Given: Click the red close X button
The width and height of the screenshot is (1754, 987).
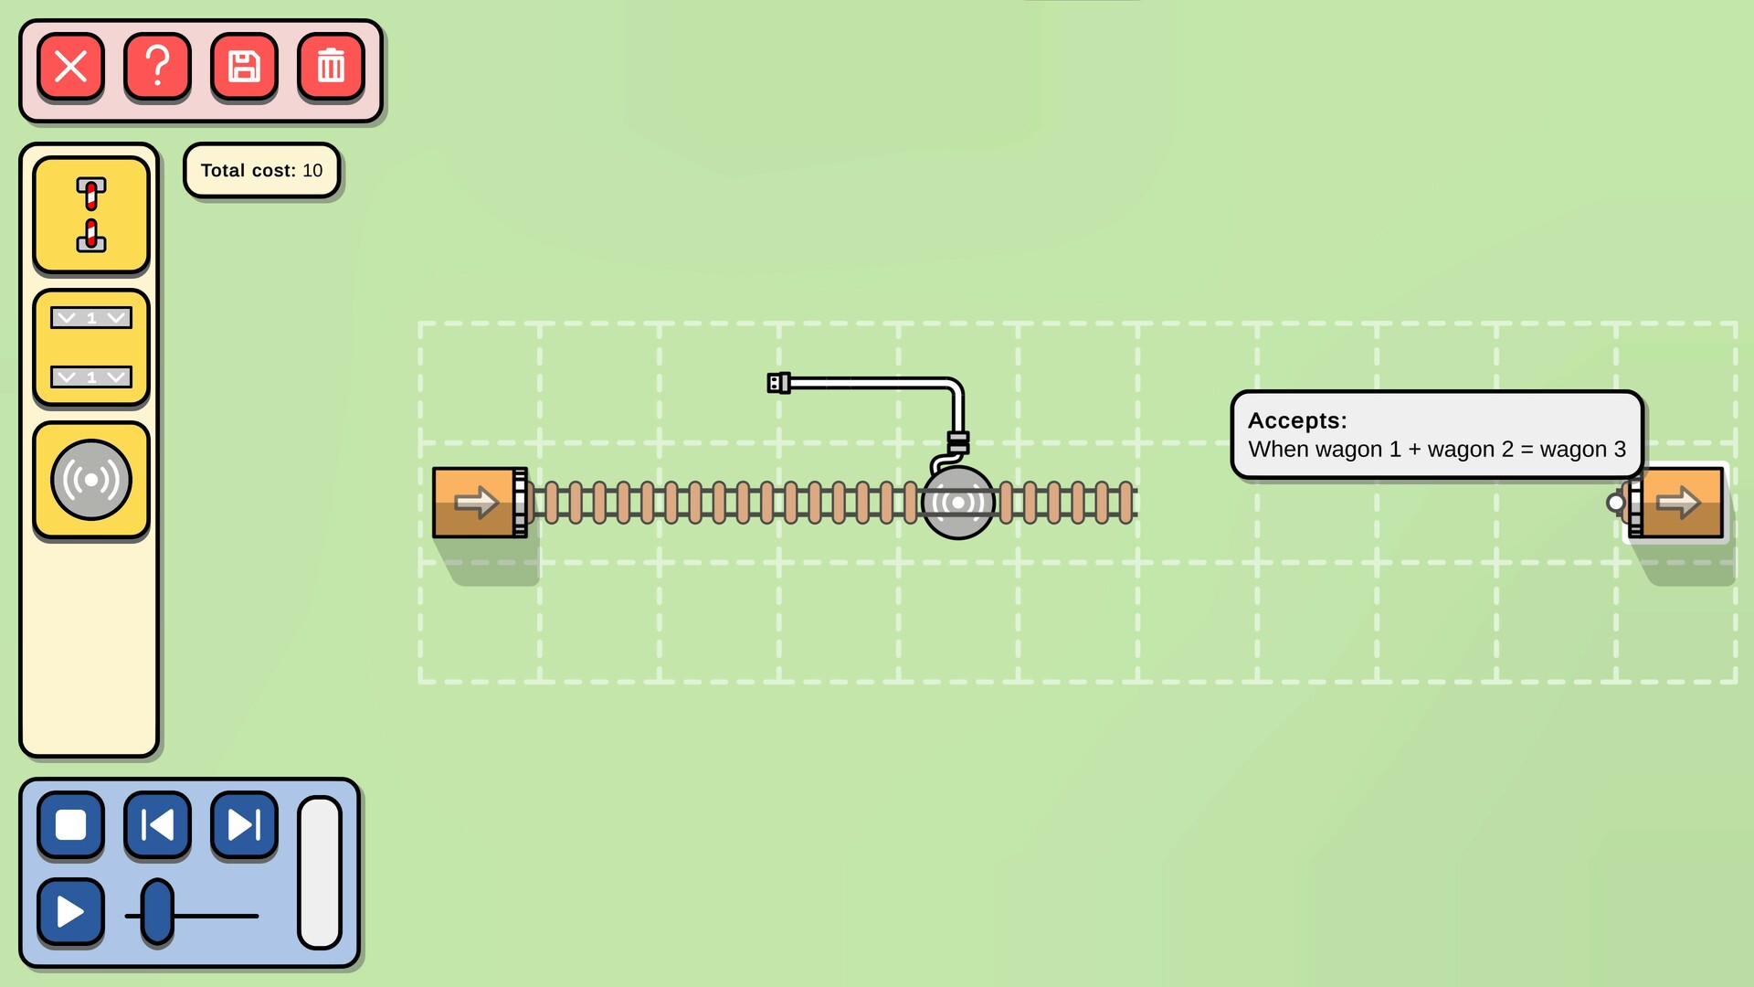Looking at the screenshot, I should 70,67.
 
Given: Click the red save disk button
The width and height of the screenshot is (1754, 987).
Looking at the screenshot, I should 244,67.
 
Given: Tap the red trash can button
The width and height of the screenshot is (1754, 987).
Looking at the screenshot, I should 331,67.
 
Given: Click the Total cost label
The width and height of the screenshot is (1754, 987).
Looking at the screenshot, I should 261,171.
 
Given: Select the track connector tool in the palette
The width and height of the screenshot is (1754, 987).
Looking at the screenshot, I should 91,215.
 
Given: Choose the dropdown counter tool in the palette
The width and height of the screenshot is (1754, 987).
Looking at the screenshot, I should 91,347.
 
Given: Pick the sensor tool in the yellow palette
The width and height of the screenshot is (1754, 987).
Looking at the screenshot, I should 91,480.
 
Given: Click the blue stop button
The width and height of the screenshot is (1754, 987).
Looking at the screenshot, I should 70,825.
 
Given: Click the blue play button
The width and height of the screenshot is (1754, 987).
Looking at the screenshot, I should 70,911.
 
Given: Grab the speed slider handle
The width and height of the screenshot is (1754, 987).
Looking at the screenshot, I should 157,912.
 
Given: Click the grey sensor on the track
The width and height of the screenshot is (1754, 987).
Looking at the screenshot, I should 957,503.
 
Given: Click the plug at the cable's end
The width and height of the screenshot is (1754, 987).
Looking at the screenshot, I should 778,383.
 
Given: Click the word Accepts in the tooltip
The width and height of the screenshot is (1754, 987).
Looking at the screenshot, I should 1296,420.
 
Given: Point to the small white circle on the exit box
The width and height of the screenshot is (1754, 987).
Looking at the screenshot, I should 1615,502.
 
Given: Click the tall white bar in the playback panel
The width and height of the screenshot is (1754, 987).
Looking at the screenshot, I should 320,873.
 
